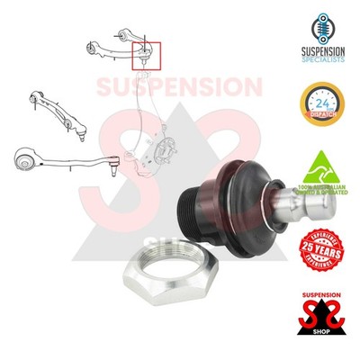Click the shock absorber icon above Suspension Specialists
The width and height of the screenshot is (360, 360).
click(x=315, y=25)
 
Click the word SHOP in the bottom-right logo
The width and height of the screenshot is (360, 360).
click(x=315, y=343)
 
